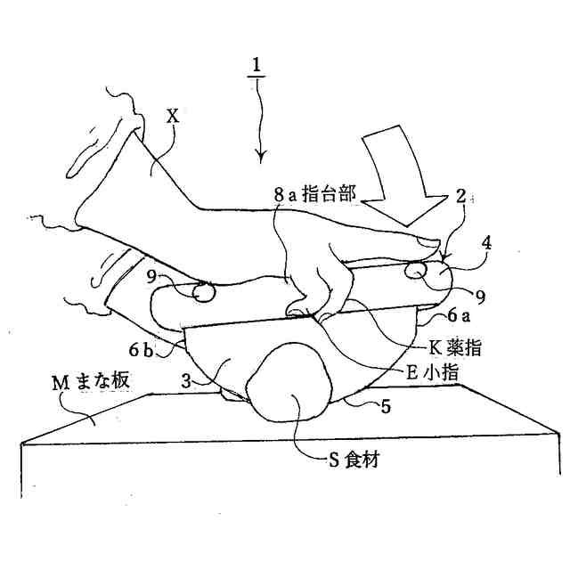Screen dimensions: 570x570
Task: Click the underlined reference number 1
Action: (x=256, y=66)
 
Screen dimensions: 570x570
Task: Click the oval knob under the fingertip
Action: (x=415, y=268)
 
